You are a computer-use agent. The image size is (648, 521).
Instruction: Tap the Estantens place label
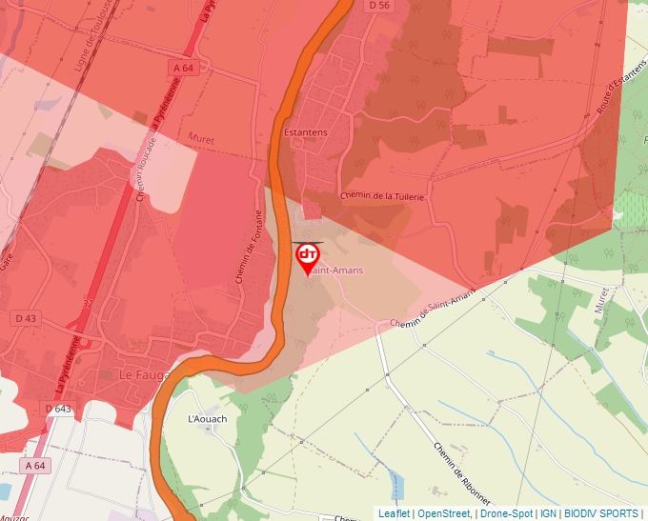coord(306,132)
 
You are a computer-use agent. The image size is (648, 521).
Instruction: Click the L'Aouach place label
coord(207,418)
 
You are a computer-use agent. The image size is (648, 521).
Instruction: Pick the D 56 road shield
coord(379,5)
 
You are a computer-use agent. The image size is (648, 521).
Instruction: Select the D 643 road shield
coord(58,409)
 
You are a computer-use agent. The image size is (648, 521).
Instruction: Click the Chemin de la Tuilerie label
coord(381,195)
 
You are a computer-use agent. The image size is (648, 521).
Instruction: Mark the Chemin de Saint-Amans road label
coord(433,311)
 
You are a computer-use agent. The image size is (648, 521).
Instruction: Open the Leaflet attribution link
coord(394,513)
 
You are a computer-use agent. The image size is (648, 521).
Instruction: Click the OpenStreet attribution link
coord(445,513)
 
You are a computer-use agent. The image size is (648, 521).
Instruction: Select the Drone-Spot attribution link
coord(507,513)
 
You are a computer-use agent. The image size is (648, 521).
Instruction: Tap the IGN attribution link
coord(548,513)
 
